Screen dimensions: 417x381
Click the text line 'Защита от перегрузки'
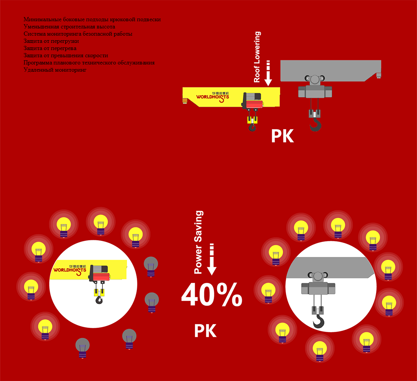(51, 41)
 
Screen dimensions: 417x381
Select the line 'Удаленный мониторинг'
(55, 70)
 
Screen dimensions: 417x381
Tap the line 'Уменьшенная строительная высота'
(69, 27)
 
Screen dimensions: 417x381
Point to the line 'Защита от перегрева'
(50, 49)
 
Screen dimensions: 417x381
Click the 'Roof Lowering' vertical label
(257, 57)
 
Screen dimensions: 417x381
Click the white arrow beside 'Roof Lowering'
(268, 73)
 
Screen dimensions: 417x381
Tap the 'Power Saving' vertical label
(199, 242)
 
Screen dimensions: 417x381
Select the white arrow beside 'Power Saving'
(212, 259)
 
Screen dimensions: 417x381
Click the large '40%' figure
(212, 294)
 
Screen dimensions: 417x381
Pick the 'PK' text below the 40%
(205, 331)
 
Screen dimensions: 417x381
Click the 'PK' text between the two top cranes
(282, 136)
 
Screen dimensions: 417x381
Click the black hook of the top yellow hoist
(252, 127)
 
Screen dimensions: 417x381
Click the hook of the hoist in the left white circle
(99, 299)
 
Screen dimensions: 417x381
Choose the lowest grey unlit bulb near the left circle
(82, 348)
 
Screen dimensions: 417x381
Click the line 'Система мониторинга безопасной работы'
(78, 34)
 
